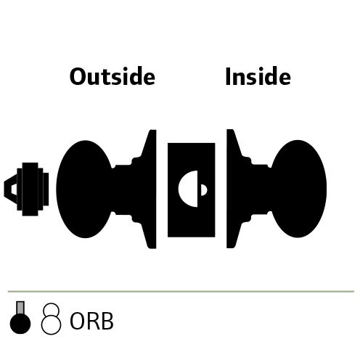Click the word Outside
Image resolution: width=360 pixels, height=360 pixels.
point(112,76)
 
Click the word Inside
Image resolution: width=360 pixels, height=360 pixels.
point(258,76)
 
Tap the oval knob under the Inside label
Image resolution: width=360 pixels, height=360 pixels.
point(298,189)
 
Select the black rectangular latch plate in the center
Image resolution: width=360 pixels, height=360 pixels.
point(192,190)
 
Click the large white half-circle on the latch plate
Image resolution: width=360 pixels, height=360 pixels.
point(188,189)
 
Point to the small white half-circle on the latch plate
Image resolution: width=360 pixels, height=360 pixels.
point(204,190)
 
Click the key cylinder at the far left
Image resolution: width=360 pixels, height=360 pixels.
point(26,189)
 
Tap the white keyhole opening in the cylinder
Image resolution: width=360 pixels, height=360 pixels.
point(14,189)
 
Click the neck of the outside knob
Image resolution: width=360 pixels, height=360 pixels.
point(122,189)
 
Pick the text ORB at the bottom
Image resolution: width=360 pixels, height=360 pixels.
point(91,321)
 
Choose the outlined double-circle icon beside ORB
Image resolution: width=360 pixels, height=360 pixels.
point(51,319)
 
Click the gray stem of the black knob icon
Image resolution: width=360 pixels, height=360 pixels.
point(20,307)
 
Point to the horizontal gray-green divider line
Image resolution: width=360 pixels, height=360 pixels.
point(181,292)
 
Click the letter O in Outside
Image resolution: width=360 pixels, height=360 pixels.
point(78,76)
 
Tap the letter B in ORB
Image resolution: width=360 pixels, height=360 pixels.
point(107,321)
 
